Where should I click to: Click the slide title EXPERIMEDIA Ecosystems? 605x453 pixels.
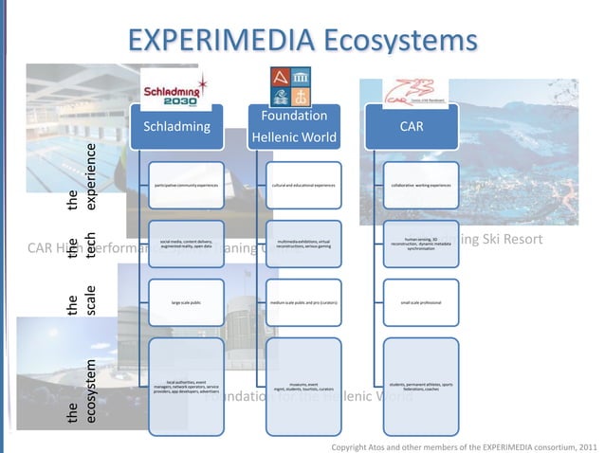click(302, 41)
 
